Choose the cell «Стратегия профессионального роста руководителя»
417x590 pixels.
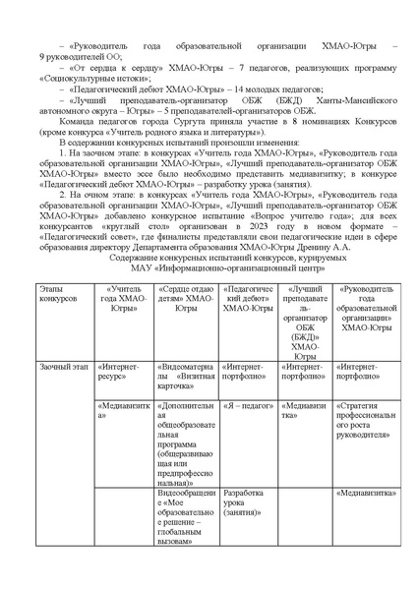click(x=365, y=420)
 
